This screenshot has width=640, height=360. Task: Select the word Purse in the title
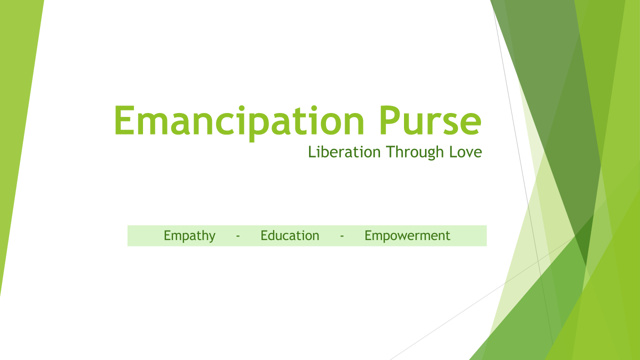(430, 120)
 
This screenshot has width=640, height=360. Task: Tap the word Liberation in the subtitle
(344, 151)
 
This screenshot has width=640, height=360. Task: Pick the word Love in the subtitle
(465, 151)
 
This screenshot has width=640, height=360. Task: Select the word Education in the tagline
(289, 235)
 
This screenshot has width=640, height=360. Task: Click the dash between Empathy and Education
(237, 236)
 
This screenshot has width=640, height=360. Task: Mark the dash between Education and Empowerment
(341, 236)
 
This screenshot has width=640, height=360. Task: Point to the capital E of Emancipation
(124, 120)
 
